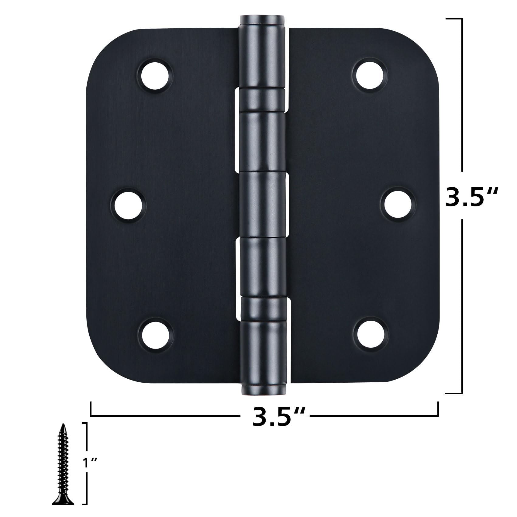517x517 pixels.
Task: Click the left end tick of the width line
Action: pos(91,409)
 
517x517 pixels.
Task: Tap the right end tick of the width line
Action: pos(438,409)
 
